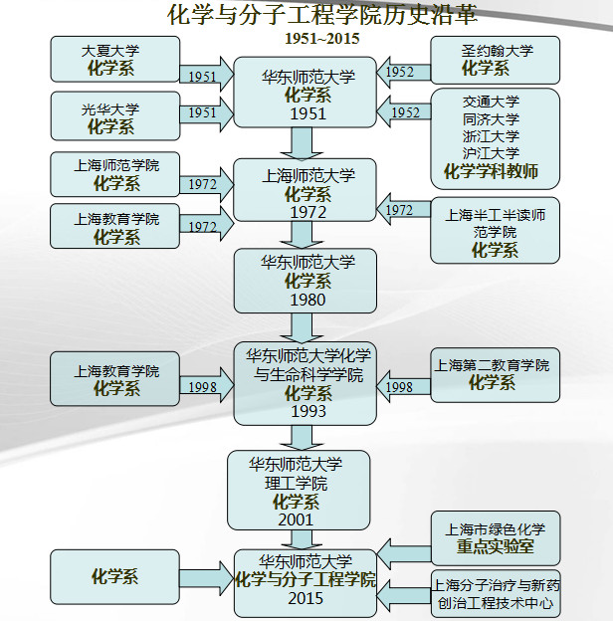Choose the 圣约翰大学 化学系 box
point(496,60)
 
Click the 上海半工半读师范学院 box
point(495,231)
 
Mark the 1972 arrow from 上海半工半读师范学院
point(401,210)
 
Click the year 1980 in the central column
point(306,299)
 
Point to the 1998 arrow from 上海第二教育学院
point(401,386)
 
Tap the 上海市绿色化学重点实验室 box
point(495,537)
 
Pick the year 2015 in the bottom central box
point(306,599)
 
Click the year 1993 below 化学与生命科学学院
point(306,410)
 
